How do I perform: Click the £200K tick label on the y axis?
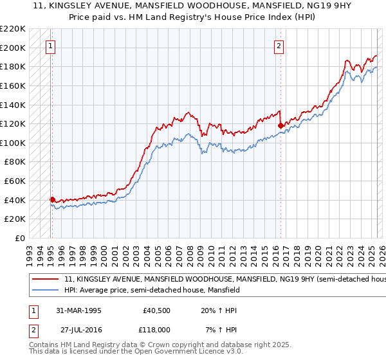pyautogui.click(x=13, y=48)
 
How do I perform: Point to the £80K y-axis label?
pyautogui.click(x=15, y=162)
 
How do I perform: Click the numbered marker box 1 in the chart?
pyautogui.click(x=51, y=46)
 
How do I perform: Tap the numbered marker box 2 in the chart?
pyautogui.click(x=279, y=46)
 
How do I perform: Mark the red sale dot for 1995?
pyautogui.click(x=52, y=199)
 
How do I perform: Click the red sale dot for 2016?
pyautogui.click(x=280, y=126)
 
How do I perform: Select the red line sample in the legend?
pyautogui.click(x=44, y=280)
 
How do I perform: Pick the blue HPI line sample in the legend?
pyautogui.click(x=44, y=291)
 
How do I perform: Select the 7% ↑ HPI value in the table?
pyautogui.click(x=220, y=328)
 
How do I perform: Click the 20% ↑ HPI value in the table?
pyautogui.click(x=219, y=310)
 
